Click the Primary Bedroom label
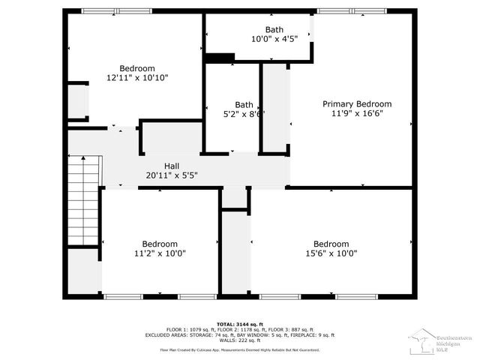[x=357, y=104]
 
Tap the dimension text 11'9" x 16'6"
[x=357, y=114]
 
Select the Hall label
[x=172, y=166]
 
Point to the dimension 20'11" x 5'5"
[x=172, y=175]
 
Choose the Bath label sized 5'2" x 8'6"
[x=244, y=105]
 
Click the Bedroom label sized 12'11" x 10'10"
[x=137, y=68]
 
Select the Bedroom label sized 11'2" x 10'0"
[x=160, y=244]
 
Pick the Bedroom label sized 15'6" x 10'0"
[x=331, y=244]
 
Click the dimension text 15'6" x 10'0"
[x=331, y=253]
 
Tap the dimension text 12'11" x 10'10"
[x=137, y=78]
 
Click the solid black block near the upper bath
[x=220, y=57]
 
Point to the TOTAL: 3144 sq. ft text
[x=240, y=324]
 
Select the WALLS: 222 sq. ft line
[x=240, y=340]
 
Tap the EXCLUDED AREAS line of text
[x=240, y=335]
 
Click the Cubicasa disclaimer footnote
[x=240, y=349]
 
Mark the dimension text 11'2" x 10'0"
[x=160, y=253]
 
